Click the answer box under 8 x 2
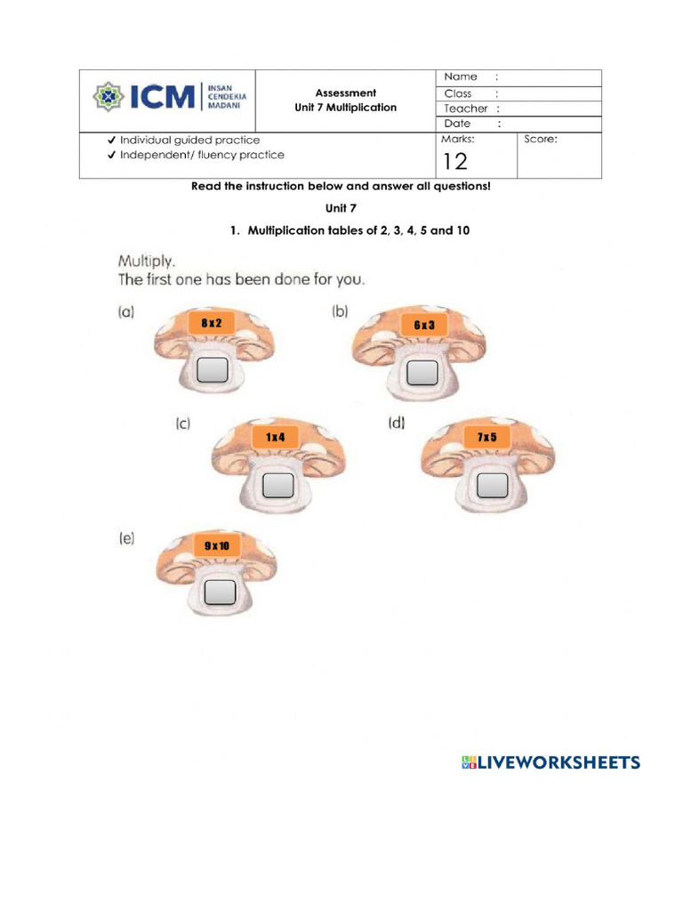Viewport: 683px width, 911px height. click(213, 370)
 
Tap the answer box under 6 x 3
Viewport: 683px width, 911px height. click(422, 374)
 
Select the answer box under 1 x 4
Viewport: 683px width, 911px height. click(279, 485)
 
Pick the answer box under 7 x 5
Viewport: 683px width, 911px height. click(492, 486)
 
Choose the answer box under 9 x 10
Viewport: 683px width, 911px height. click(220, 592)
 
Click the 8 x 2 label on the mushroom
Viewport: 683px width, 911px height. click(211, 324)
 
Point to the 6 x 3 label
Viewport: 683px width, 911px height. click(424, 326)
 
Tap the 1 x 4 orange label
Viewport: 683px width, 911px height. click(276, 437)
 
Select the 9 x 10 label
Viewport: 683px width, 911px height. click(216, 544)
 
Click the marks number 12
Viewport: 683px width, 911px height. click(454, 160)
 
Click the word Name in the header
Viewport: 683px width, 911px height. click(461, 77)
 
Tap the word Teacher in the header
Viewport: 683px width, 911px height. click(466, 109)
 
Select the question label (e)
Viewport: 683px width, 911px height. click(125, 538)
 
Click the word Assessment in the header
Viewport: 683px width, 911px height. click(346, 93)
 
